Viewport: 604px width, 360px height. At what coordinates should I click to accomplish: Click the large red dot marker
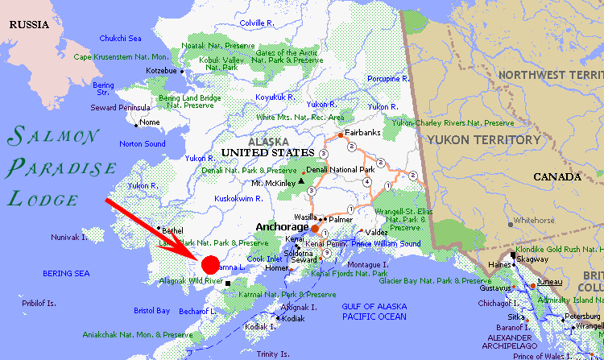pyautogui.click(x=209, y=264)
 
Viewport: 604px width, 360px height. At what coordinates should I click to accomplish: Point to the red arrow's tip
pyautogui.click(x=198, y=257)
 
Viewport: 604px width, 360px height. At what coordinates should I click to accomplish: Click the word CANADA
pyautogui.click(x=556, y=177)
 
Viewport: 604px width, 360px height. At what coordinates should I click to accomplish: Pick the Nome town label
pyautogui.click(x=150, y=122)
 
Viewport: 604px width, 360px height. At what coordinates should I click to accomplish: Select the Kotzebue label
pyautogui.click(x=160, y=71)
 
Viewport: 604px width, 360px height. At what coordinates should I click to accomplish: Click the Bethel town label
pyautogui.click(x=172, y=230)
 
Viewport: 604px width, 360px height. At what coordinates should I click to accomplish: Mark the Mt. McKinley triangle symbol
pyautogui.click(x=300, y=183)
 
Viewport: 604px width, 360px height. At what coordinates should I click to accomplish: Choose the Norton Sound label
pyautogui.click(x=142, y=144)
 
